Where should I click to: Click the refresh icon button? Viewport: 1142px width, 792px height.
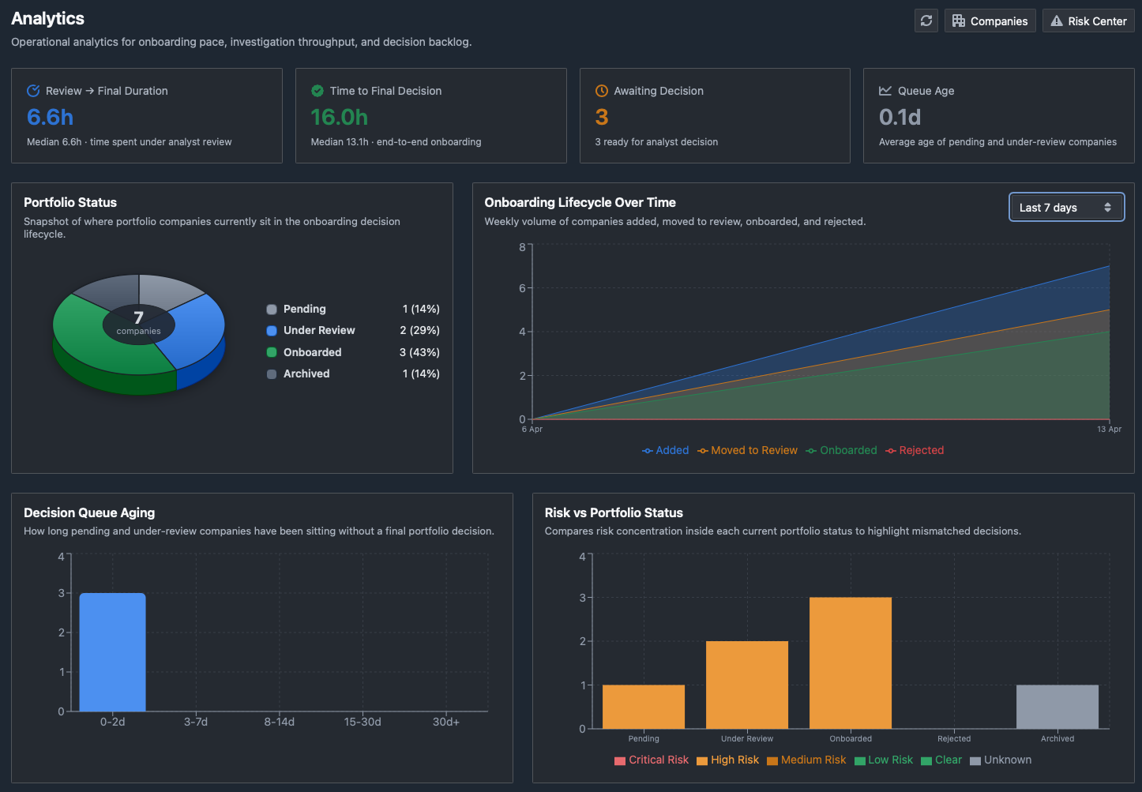coord(926,21)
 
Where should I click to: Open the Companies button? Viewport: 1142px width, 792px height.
coord(990,21)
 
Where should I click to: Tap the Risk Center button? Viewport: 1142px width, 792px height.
coord(1088,21)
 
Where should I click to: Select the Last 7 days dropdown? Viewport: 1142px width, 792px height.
coord(1066,207)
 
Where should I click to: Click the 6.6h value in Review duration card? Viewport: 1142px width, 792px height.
coord(50,117)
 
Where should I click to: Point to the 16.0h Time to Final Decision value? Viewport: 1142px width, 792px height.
coord(339,117)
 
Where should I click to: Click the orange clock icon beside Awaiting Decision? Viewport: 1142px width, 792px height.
coord(602,91)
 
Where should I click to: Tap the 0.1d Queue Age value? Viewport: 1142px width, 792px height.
coord(900,117)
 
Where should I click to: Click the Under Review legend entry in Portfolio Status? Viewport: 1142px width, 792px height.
coord(310,330)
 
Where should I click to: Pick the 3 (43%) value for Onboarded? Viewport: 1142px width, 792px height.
coord(419,352)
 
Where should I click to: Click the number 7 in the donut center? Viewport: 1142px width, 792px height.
coord(138,317)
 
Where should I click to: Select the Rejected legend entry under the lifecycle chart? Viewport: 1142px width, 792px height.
coord(915,450)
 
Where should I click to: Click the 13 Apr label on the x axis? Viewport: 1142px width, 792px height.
coord(1109,429)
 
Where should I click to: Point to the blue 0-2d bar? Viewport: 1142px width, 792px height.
coord(113,652)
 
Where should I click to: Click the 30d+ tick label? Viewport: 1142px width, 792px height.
coord(445,722)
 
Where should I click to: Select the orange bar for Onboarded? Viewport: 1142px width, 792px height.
coord(851,663)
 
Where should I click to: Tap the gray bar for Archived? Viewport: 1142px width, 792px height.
coord(1057,707)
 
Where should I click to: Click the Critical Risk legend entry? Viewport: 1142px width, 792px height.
coord(652,760)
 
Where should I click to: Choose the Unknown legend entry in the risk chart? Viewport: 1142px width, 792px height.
coord(1001,760)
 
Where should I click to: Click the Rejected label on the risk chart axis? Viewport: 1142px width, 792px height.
coord(954,738)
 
